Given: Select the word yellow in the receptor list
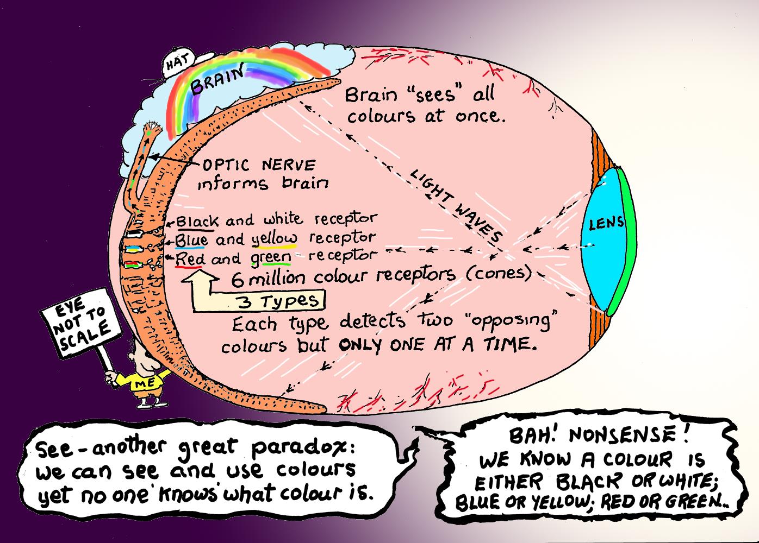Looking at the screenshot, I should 275,238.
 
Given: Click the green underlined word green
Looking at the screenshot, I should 269,257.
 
